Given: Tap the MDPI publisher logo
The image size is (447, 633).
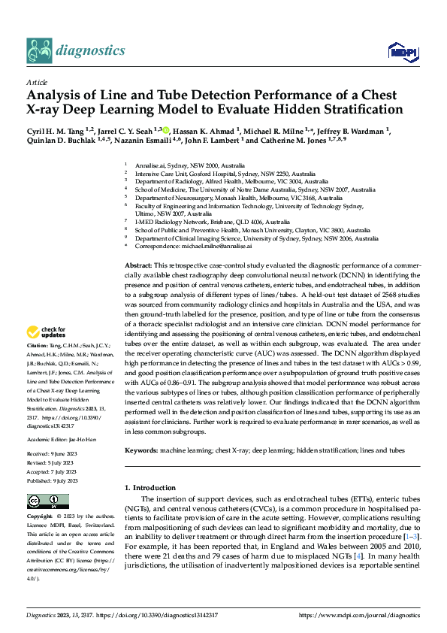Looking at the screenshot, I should pos(400,51).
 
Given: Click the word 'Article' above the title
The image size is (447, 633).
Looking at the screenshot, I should pos(37,82).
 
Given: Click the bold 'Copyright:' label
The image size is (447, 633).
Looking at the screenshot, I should pos(41,517).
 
